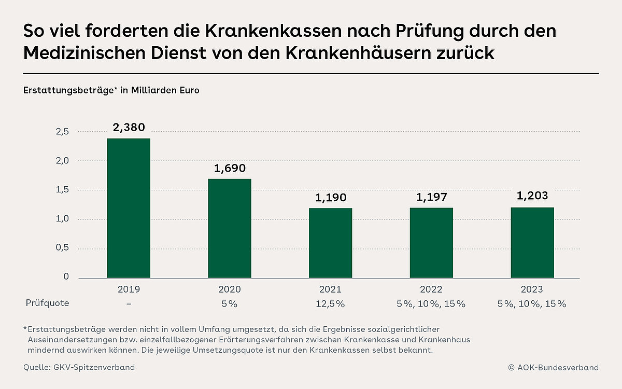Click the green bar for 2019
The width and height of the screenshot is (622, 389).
click(x=129, y=208)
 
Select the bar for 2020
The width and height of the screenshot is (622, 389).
click(x=230, y=228)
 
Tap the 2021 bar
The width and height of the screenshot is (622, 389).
click(x=330, y=243)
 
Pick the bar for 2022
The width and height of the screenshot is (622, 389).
click(x=431, y=243)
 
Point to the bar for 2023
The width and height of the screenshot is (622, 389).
click(x=532, y=243)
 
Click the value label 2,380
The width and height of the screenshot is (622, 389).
click(x=129, y=127)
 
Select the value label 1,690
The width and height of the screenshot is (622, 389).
click(x=230, y=168)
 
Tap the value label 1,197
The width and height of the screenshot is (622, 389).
click(x=431, y=197)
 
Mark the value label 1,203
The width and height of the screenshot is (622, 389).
click(x=532, y=197)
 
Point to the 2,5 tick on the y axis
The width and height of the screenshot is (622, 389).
click(x=62, y=132)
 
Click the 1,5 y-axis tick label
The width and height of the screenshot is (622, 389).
click(x=62, y=190)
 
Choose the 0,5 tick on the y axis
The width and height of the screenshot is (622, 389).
click(x=62, y=248)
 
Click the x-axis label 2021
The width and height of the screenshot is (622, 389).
click(x=330, y=289)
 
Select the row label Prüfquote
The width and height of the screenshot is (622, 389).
click(x=47, y=303)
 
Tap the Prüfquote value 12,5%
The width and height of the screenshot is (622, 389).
click(x=330, y=303)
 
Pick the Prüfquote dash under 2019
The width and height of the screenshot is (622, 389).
click(x=129, y=303)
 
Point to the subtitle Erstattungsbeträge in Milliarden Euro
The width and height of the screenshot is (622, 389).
click(x=111, y=90)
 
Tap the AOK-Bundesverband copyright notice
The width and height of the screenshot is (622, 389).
click(x=553, y=367)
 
